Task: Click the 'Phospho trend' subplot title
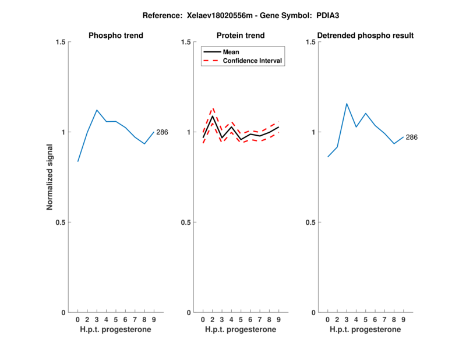click(116, 36)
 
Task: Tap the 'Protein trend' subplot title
click(241, 36)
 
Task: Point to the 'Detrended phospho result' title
click(366, 36)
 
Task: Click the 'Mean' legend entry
click(231, 52)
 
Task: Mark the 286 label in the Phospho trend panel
click(162, 132)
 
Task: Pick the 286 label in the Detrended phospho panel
click(412, 137)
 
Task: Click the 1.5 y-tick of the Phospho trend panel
click(59, 42)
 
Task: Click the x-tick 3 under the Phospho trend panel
click(97, 319)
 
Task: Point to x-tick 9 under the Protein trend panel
click(279, 319)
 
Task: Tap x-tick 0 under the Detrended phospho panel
click(328, 319)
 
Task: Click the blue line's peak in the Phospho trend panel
click(97, 110)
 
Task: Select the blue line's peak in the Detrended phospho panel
click(347, 104)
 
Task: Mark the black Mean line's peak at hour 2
click(213, 117)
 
